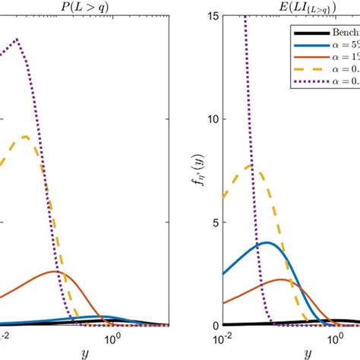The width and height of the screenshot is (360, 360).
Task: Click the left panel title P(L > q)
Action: pos(83,8)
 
